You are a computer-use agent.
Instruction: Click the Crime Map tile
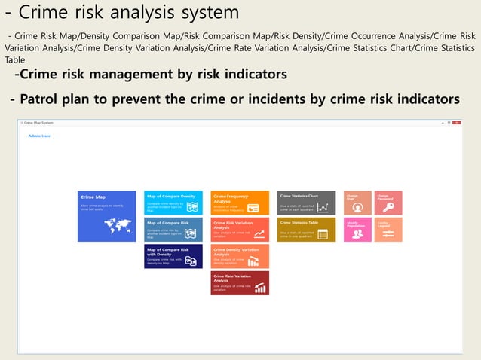click(x=106, y=216)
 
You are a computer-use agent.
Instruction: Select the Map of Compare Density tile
click(x=173, y=203)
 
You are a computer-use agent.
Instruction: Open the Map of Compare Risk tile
click(x=173, y=230)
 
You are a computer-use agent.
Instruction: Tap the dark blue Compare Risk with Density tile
click(x=173, y=256)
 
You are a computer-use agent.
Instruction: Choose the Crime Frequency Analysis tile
click(x=240, y=203)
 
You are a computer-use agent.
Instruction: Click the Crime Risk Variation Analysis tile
click(x=240, y=230)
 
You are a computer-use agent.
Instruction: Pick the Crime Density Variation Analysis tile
click(x=240, y=256)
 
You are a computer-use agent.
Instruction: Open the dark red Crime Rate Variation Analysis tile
click(x=240, y=283)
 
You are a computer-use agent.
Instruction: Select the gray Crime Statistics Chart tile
click(x=306, y=203)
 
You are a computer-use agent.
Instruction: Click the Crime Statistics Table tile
click(x=306, y=230)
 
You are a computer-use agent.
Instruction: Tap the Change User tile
click(x=357, y=203)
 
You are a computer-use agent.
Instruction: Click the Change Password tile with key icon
click(x=388, y=203)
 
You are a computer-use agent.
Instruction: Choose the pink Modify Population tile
click(x=357, y=230)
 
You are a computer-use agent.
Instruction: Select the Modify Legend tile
click(x=388, y=230)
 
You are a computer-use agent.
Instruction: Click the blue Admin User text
click(x=39, y=136)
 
